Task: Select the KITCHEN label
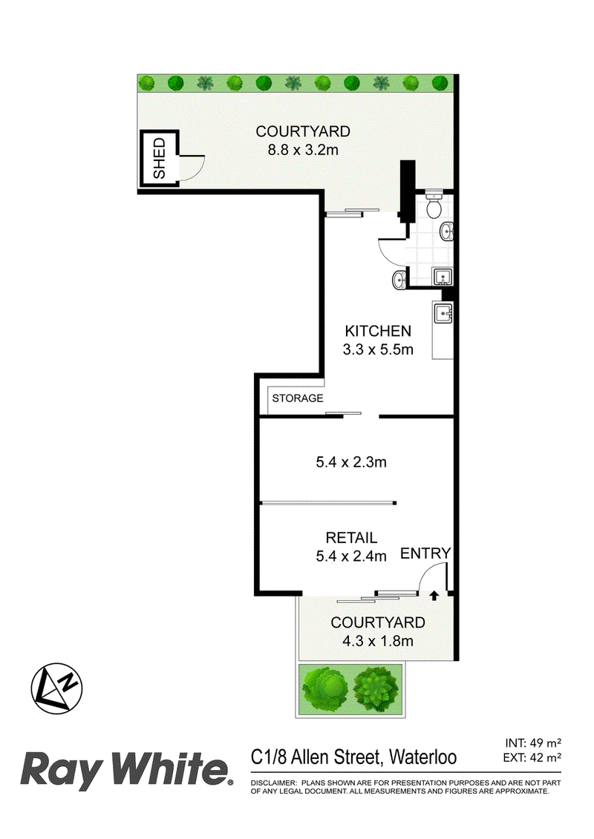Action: tap(376, 331)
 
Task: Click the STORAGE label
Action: tap(297, 398)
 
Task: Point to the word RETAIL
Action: tap(351, 538)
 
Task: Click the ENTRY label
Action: tap(425, 553)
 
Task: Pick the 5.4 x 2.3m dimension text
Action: tap(352, 462)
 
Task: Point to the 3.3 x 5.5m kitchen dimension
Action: tap(376, 349)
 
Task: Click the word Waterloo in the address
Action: tap(422, 757)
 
